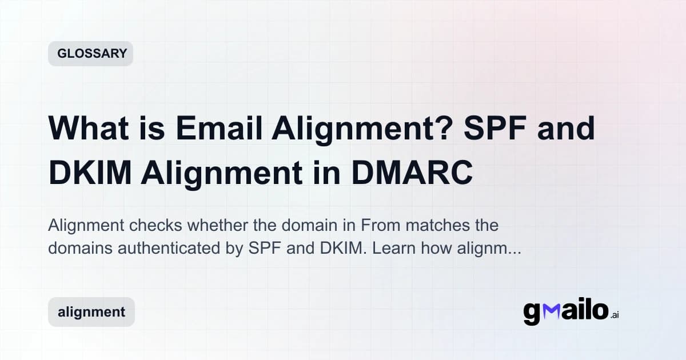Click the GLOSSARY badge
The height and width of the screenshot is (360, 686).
pyautogui.click(x=90, y=54)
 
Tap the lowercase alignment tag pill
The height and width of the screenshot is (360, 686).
pyautogui.click(x=91, y=312)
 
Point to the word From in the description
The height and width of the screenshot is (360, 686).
pyautogui.click(x=377, y=225)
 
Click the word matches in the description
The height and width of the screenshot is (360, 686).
pyautogui.click(x=436, y=225)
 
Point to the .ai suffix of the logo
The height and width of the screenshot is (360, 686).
pyautogui.click(x=614, y=315)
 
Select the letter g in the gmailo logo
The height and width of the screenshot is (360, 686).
pyautogui.click(x=532, y=313)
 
